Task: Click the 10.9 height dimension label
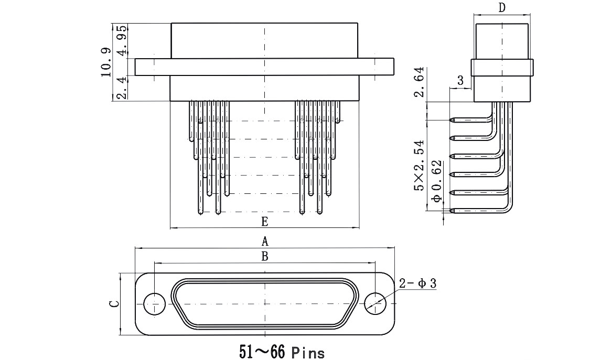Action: click(106, 62)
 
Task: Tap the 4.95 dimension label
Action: click(122, 41)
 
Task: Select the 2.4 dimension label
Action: click(122, 88)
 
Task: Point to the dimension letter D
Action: click(502, 8)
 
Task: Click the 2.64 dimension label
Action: click(420, 82)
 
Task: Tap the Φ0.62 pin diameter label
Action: click(436, 181)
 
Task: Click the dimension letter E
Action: click(264, 221)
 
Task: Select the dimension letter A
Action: click(264, 241)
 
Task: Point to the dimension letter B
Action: click(264, 256)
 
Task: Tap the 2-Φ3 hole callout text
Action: click(417, 283)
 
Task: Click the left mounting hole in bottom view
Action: click(154, 304)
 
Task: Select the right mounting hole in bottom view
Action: click(375, 304)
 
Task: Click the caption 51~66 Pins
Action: click(282, 352)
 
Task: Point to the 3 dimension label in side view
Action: click(460, 80)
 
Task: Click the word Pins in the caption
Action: click(308, 352)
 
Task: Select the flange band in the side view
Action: click(502, 68)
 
